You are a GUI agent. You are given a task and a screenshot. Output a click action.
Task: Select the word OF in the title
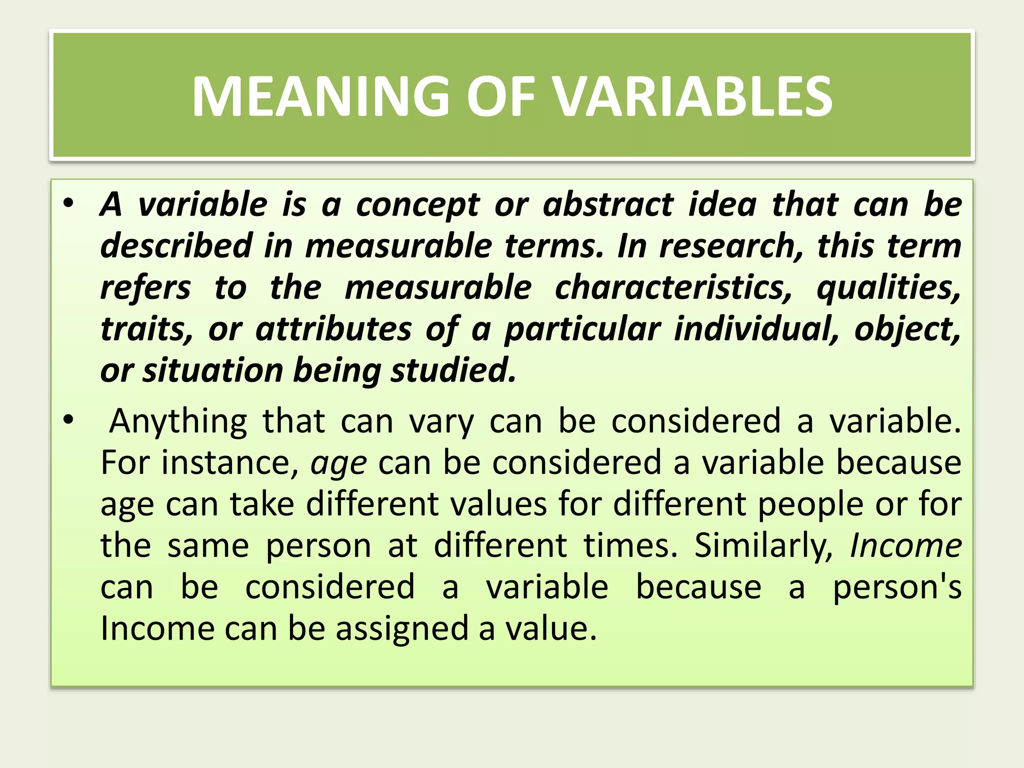coord(501,96)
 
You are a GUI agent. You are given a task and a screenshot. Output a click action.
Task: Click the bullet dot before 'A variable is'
coord(68,203)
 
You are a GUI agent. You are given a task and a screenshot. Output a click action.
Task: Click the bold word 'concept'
coord(417,205)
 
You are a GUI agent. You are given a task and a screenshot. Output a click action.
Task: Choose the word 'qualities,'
coord(888,288)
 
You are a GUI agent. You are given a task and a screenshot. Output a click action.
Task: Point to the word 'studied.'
coord(453,370)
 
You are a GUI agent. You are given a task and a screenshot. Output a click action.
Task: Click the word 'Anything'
coord(178,421)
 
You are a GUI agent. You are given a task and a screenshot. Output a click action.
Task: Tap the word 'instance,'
coord(229,463)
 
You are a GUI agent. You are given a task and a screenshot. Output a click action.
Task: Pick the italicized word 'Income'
coord(905,545)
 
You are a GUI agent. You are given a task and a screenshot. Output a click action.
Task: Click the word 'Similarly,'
coord(763,546)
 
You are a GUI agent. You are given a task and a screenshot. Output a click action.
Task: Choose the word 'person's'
coord(897,588)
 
